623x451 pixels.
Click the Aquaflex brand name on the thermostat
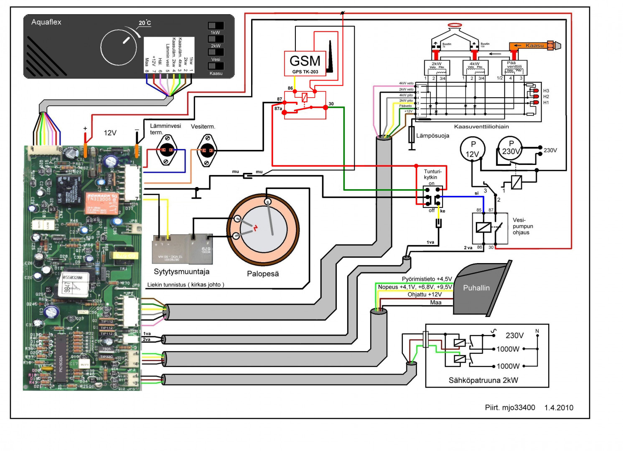(x=46, y=22)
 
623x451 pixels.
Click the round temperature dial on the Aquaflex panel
(x=119, y=47)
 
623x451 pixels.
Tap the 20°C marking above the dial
(x=145, y=23)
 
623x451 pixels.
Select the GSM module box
(x=305, y=63)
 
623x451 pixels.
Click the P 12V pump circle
(x=473, y=149)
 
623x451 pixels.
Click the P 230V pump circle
(x=510, y=148)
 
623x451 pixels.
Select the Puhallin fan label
(x=476, y=288)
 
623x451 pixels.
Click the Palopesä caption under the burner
(x=262, y=274)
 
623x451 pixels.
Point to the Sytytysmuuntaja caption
(x=181, y=272)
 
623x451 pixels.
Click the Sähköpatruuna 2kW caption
(x=483, y=380)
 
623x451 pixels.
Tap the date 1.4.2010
(x=559, y=408)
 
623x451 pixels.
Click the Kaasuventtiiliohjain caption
(x=481, y=127)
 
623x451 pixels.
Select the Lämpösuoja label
(x=432, y=136)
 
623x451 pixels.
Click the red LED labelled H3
(x=536, y=91)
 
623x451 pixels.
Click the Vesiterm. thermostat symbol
(x=207, y=150)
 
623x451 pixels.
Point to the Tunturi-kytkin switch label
(x=432, y=174)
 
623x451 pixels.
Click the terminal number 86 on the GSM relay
(x=290, y=88)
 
